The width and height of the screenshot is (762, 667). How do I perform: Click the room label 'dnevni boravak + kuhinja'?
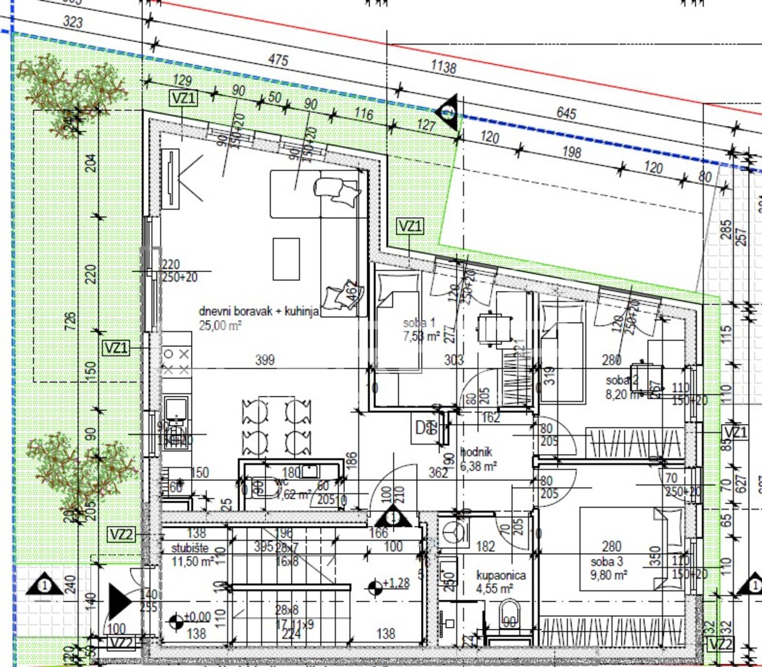pyautogui.click(x=258, y=311)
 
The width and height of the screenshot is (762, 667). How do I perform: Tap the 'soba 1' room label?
pyautogui.click(x=419, y=323)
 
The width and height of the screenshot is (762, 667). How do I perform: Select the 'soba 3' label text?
pyautogui.click(x=606, y=562)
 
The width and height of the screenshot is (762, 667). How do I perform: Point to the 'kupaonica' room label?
pyautogui.click(x=501, y=576)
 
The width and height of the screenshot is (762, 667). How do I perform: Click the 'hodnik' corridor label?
pyautogui.click(x=476, y=452)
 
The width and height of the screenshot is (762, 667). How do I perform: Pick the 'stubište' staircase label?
pyautogui.click(x=190, y=548)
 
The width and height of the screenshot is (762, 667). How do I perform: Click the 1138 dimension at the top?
pyautogui.click(x=443, y=66)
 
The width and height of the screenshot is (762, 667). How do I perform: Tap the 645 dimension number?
pyautogui.click(x=566, y=113)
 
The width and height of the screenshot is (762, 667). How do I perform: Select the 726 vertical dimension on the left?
pyautogui.click(x=70, y=320)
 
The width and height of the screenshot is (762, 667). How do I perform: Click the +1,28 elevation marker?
pyautogui.click(x=389, y=584)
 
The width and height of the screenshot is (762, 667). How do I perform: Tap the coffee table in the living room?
pyautogui.click(x=286, y=259)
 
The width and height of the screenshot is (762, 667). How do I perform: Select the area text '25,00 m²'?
pyautogui.click(x=220, y=326)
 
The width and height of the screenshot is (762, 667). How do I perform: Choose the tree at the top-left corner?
pyautogui.click(x=70, y=86)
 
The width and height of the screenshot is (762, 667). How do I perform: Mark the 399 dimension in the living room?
pyautogui.click(x=265, y=360)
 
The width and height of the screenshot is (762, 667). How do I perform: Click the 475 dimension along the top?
pyautogui.click(x=278, y=60)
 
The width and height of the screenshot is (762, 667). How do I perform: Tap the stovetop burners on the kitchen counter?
pyautogui.click(x=176, y=361)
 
